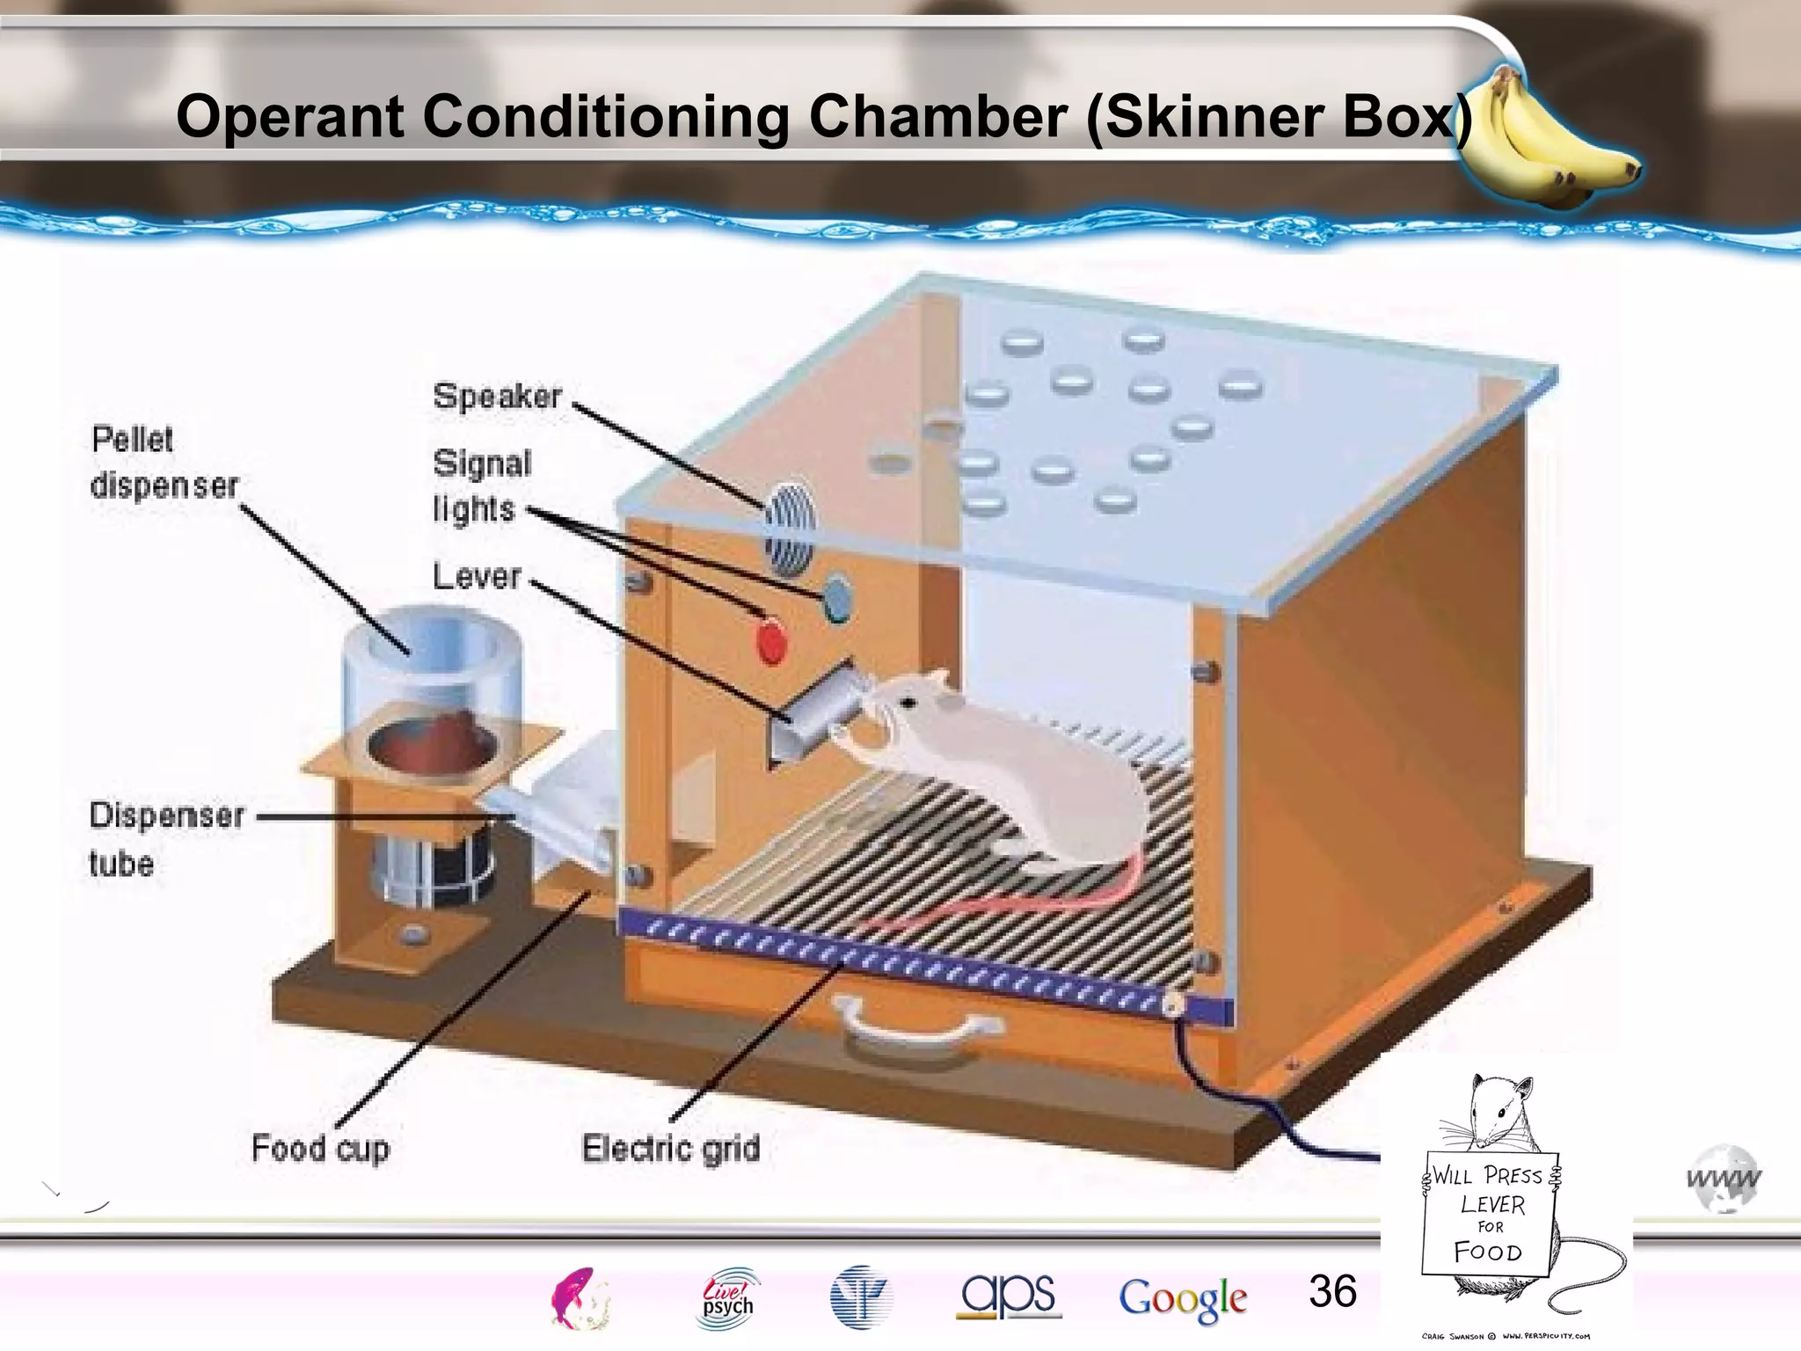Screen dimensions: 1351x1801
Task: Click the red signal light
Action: coord(771,641)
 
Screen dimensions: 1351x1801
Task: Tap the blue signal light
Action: coord(836,598)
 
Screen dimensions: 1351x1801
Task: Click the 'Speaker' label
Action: coord(497,397)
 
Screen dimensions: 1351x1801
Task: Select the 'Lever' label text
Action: coord(477,577)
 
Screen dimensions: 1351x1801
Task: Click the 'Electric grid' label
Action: coord(671,1149)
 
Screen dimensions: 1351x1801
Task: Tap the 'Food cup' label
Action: coord(320,1149)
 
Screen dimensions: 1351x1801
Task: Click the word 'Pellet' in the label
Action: coord(133,439)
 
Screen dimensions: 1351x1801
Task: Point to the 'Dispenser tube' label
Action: coord(165,837)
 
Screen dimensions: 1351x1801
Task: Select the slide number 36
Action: coord(1332,1291)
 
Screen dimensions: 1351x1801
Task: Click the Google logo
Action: coord(1183,1299)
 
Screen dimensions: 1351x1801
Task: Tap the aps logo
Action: coord(1009,1296)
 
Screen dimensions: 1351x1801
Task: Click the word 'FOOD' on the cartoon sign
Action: coord(1487,1251)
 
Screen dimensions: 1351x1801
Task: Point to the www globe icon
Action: coord(1724,1179)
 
